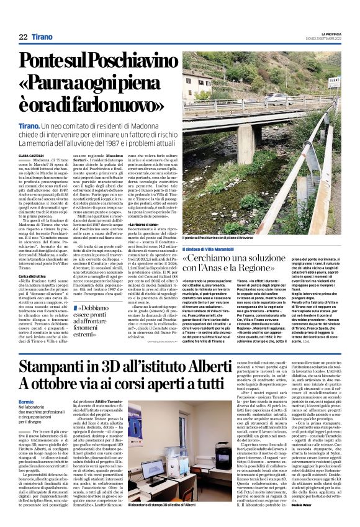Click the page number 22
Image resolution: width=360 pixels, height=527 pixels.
click(23, 37)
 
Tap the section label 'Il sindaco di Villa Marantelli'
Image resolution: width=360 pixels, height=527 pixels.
click(212, 248)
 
